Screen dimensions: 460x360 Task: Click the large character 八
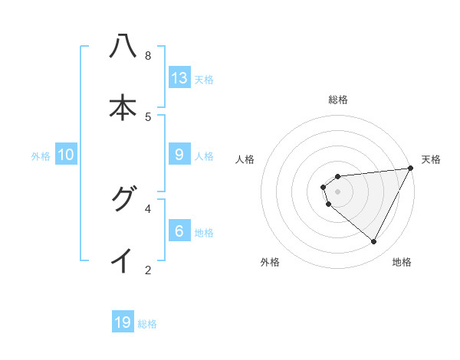pyautogui.click(x=123, y=47)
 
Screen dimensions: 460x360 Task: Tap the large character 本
pyautogui.click(x=123, y=108)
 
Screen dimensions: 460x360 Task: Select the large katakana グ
pyautogui.click(x=123, y=200)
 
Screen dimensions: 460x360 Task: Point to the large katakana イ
pyautogui.click(x=123, y=261)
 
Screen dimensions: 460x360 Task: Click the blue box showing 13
pyautogui.click(x=179, y=77)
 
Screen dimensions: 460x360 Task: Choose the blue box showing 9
pyautogui.click(x=179, y=154)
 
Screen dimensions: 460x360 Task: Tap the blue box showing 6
pyautogui.click(x=179, y=231)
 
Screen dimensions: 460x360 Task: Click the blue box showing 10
pyautogui.click(x=66, y=154)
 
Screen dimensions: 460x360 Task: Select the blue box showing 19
pyautogui.click(x=123, y=322)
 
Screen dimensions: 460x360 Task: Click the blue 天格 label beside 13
pyautogui.click(x=204, y=79)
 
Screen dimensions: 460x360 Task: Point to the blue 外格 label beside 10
pyautogui.click(x=41, y=155)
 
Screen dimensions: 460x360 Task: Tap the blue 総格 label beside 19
pyautogui.click(x=147, y=324)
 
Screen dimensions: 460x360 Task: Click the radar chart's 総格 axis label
pyautogui.click(x=338, y=100)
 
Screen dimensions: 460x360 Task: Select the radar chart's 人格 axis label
pyautogui.click(x=245, y=159)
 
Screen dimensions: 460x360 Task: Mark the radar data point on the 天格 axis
pyautogui.click(x=411, y=169)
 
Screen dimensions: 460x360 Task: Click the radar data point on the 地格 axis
pyautogui.click(x=374, y=242)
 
